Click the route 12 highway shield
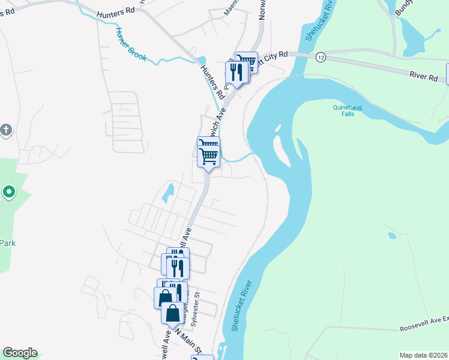tap(321, 57)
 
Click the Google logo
tap(20, 353)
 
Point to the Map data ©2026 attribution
tap(423, 355)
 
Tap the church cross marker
tap(6, 129)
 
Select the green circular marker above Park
tap(8, 192)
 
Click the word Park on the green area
tap(7, 243)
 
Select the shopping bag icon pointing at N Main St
tap(173, 313)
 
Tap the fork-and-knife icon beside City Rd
tap(236, 73)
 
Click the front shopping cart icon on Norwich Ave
tap(208, 156)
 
